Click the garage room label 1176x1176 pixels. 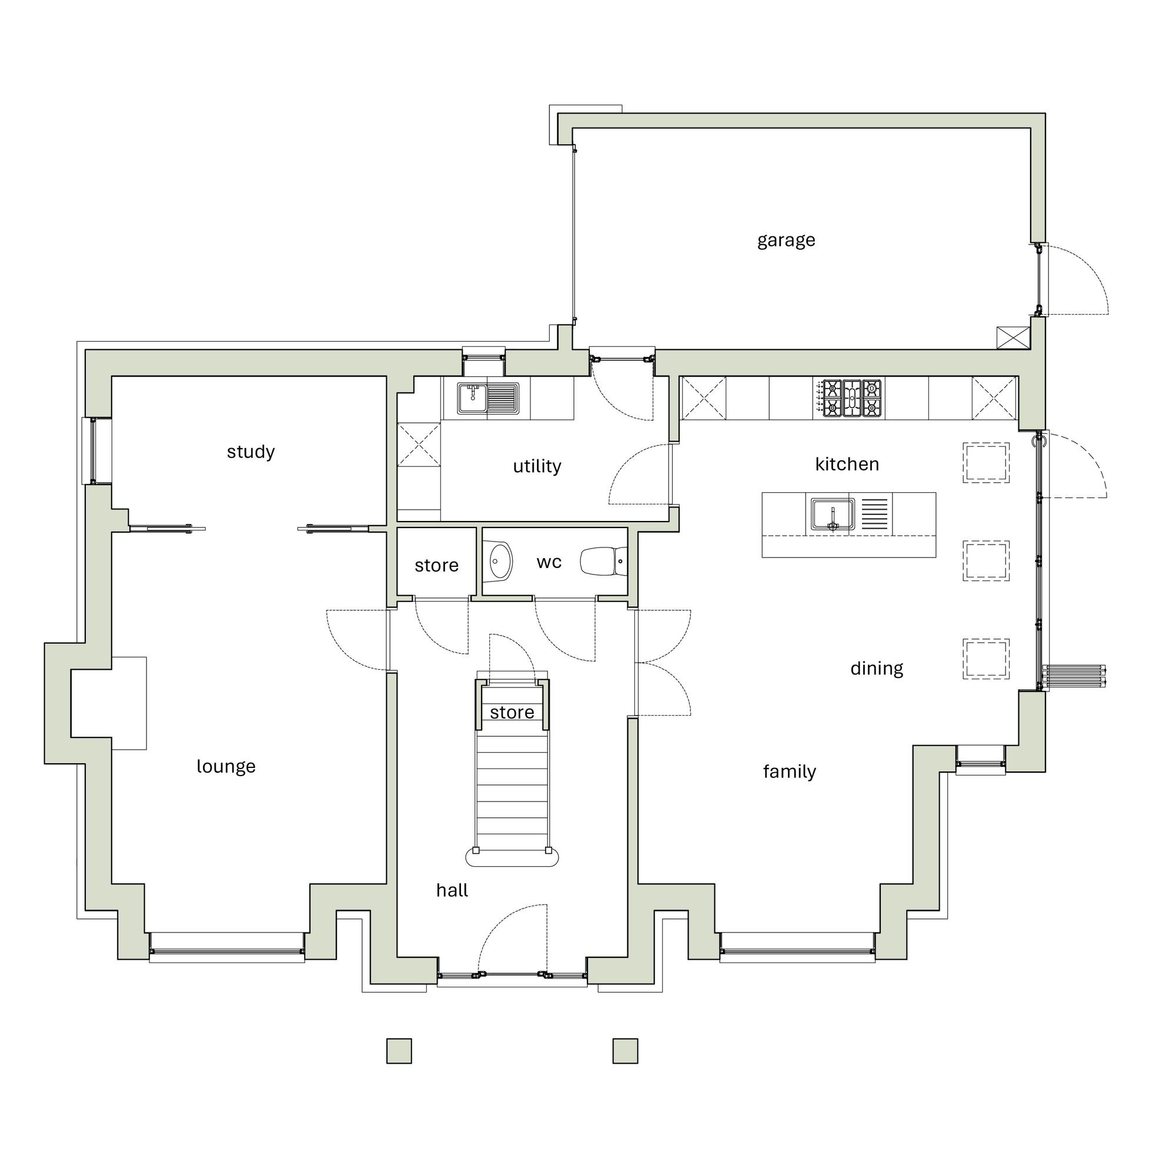click(786, 240)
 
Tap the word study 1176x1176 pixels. click(251, 452)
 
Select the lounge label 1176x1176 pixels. click(226, 766)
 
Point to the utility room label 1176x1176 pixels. click(537, 466)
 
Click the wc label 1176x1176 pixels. click(549, 563)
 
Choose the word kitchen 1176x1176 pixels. click(847, 465)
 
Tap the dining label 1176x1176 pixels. click(877, 669)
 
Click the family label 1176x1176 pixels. click(790, 772)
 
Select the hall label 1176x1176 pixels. click(452, 890)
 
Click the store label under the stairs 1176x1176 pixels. click(512, 712)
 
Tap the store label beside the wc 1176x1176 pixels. click(436, 566)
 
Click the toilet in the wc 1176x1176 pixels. click(603, 561)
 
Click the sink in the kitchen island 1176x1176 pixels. click(832, 514)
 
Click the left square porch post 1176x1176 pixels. click(399, 1051)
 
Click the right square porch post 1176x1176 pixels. click(625, 1051)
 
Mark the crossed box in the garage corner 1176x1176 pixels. click(1013, 338)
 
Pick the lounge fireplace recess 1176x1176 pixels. click(91, 703)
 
